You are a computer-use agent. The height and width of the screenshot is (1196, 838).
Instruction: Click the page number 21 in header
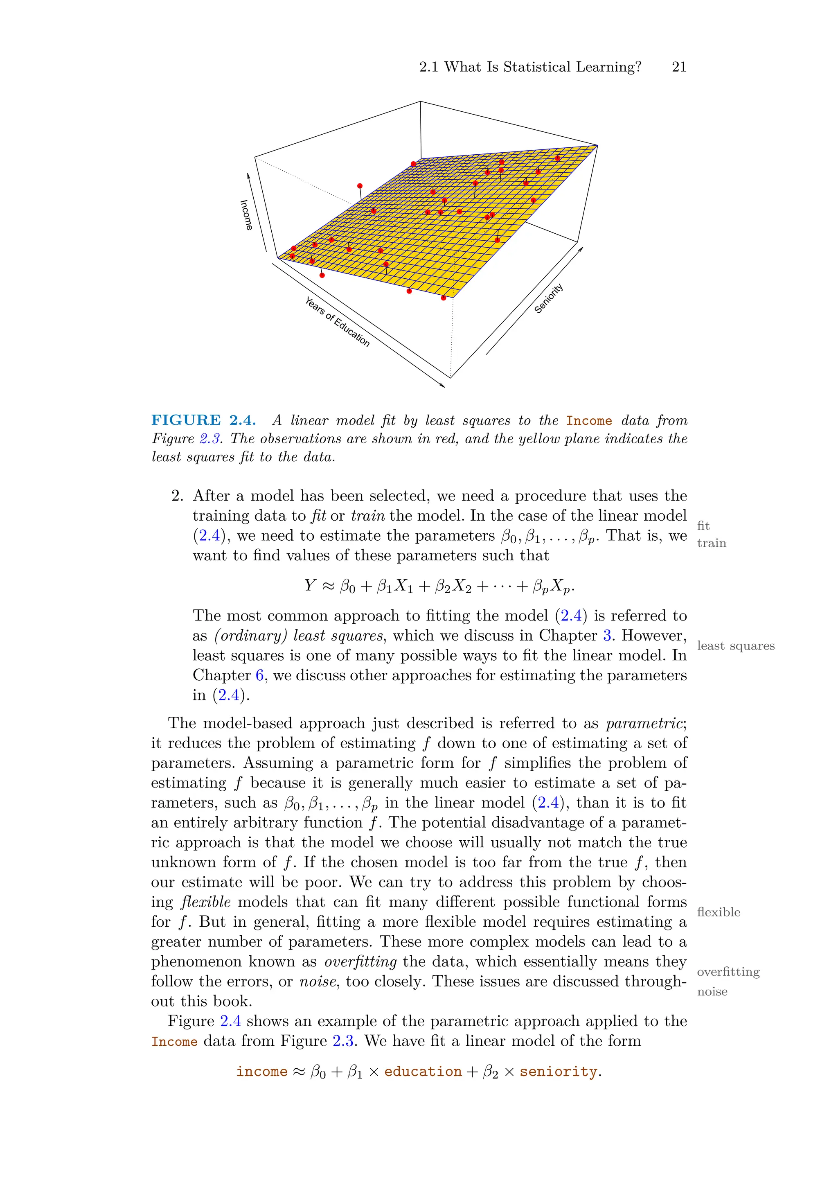coord(679,67)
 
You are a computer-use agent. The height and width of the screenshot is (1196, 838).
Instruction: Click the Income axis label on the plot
coord(246,214)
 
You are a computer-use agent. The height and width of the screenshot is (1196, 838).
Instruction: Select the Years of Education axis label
coord(337,321)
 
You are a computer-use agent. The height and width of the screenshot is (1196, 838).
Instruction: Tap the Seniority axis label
coord(548,298)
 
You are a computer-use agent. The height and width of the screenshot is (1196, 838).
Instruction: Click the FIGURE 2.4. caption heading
coord(203,420)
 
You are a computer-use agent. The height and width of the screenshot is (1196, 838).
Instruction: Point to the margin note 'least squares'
coord(735,645)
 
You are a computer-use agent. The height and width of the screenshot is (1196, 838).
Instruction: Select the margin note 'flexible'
coord(718,912)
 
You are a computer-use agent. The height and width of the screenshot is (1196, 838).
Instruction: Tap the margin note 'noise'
coord(712,991)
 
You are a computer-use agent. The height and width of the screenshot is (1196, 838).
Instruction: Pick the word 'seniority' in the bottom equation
coord(558,1072)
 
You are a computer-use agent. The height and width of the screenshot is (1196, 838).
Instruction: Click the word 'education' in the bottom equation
coord(423,1072)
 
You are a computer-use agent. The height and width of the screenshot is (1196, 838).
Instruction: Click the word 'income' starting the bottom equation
coord(261,1072)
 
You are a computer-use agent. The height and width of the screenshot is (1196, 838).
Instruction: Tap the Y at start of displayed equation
coord(310,585)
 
